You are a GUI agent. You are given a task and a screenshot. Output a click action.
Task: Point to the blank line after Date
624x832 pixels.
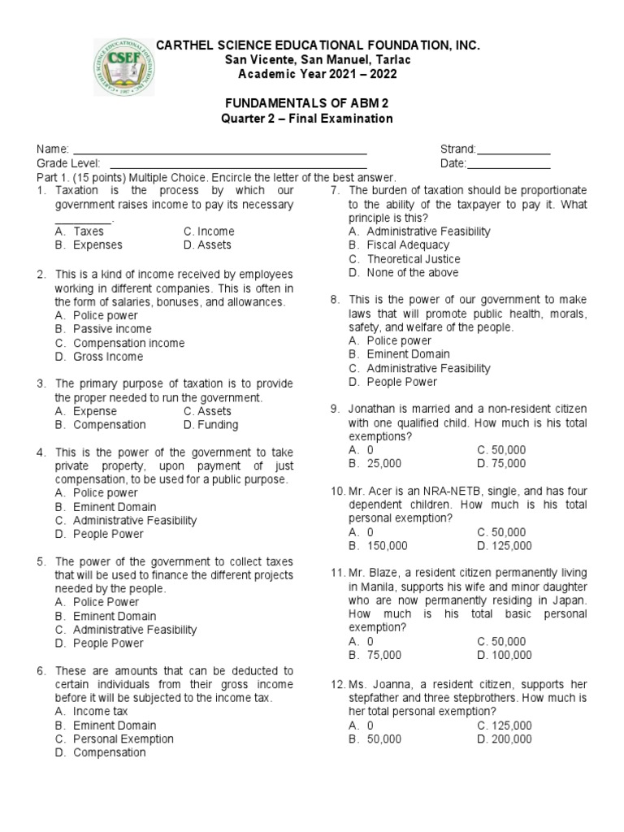[x=509, y=165]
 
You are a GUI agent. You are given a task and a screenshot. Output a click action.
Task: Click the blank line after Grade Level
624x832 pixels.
[x=227, y=165]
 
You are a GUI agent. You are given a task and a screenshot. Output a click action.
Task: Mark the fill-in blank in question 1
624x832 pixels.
[x=84, y=219]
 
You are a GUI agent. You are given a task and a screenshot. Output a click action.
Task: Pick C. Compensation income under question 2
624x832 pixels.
[x=119, y=343]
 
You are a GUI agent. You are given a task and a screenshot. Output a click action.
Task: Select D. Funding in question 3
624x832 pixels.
[x=210, y=424]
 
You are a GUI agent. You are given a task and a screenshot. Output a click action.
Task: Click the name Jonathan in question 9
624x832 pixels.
[x=372, y=409]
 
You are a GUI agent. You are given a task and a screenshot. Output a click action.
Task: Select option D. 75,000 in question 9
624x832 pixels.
[x=501, y=463]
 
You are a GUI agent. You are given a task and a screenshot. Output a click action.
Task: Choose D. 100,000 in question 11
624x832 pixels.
[x=505, y=654]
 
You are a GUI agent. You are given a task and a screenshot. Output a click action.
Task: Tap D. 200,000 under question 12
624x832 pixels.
[x=505, y=739]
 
